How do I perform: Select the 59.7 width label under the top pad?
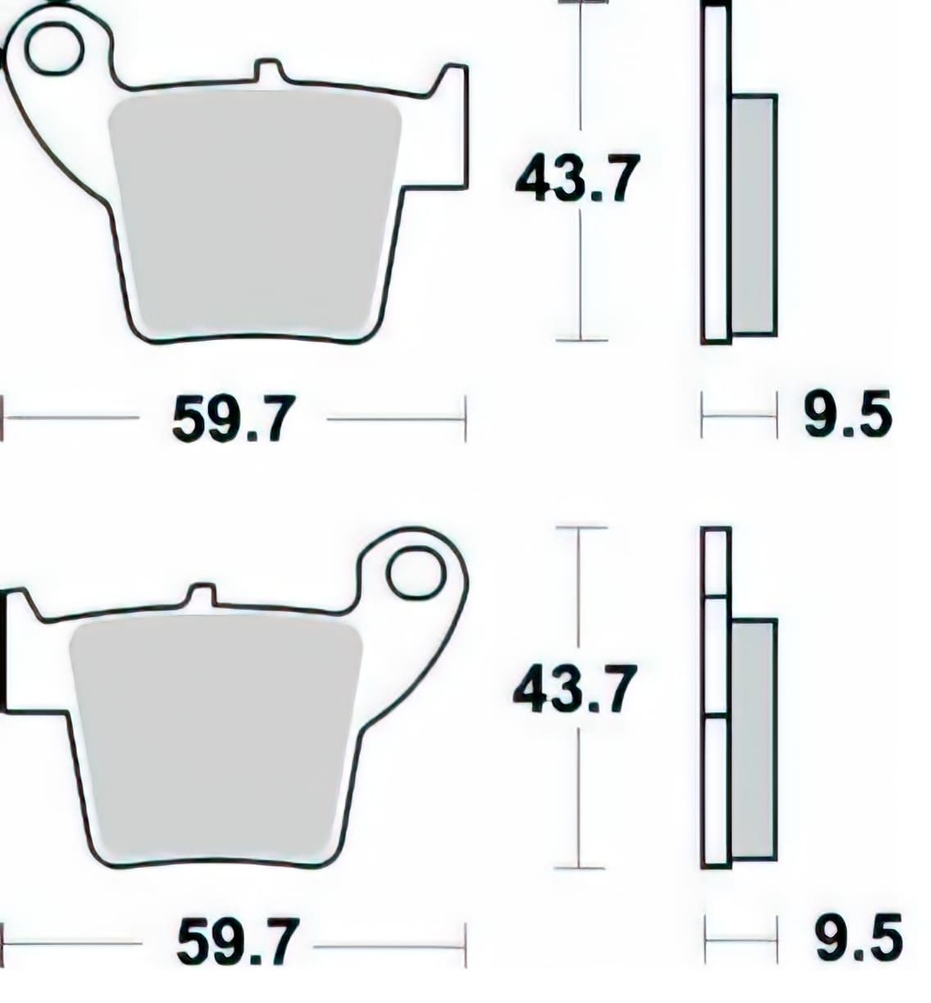(232, 420)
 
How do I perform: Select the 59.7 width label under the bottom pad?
(235, 942)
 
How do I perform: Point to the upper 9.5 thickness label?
(847, 415)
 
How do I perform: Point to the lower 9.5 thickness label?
(858, 937)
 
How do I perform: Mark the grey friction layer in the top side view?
(753, 215)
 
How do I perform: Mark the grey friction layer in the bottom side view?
(753, 737)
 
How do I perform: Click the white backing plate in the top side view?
(715, 172)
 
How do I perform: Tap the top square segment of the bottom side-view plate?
(715, 562)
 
